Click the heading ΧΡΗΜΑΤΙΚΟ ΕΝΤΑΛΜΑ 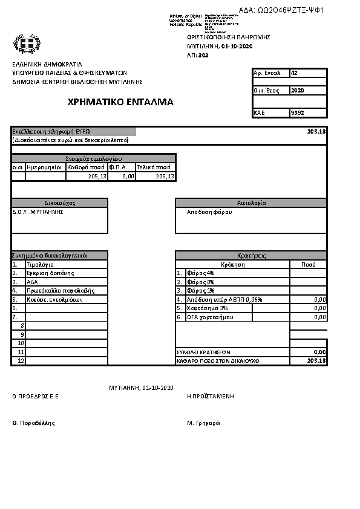[x=121, y=102]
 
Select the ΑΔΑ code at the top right [x=282, y=10]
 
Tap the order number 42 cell [x=295, y=73]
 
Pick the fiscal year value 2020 [x=297, y=91]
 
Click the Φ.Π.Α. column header [x=118, y=167]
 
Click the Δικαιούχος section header [x=59, y=203]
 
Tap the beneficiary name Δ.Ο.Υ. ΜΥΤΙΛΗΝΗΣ [x=38, y=212]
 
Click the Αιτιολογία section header [x=251, y=203]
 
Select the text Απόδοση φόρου [x=209, y=212]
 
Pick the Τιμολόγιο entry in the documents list [x=41, y=265]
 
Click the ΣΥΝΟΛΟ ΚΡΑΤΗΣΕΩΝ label [x=203, y=352]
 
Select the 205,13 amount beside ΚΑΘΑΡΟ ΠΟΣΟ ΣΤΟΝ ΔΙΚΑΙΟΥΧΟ [x=316, y=360]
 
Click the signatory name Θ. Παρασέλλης [x=34, y=423]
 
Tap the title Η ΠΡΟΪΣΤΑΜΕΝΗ [x=211, y=397]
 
